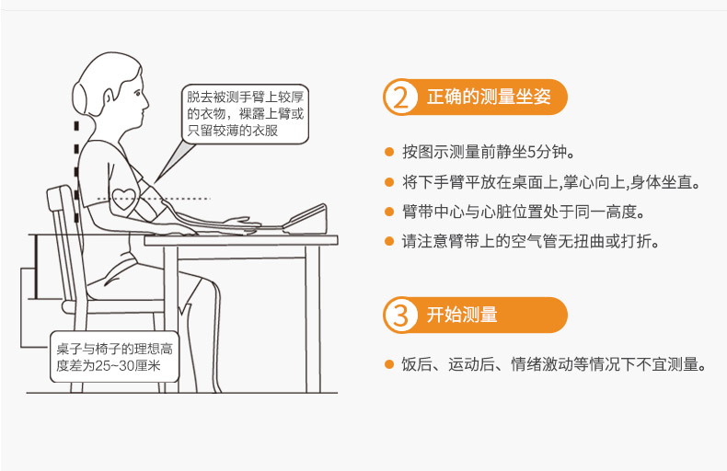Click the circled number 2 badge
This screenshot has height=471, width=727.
pyautogui.click(x=400, y=97)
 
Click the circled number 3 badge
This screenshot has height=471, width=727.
pyautogui.click(x=400, y=316)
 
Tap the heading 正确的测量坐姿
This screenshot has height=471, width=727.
pyautogui.click(x=489, y=97)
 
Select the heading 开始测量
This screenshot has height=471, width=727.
pyautogui.click(x=462, y=315)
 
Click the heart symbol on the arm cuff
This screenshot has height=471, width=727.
pyautogui.click(x=125, y=200)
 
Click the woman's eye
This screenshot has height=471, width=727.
pyautogui.click(x=137, y=93)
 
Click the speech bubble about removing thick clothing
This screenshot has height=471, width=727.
pyautogui.click(x=245, y=114)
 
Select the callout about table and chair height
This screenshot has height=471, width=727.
pyautogui.click(x=114, y=357)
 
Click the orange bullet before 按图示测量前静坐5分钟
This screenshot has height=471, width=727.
pyautogui.click(x=389, y=152)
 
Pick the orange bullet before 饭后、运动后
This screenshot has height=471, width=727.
pyautogui.click(x=389, y=364)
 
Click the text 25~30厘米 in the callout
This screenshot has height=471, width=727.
pyautogui.click(x=128, y=366)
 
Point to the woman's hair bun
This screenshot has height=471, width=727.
pyautogui.click(x=79, y=98)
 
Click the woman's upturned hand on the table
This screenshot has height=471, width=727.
pyautogui.click(x=243, y=224)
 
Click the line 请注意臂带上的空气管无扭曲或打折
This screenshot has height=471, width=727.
pyautogui.click(x=530, y=241)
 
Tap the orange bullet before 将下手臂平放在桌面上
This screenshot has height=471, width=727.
pyautogui.click(x=389, y=182)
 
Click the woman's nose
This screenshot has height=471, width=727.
pyautogui.click(x=146, y=102)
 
